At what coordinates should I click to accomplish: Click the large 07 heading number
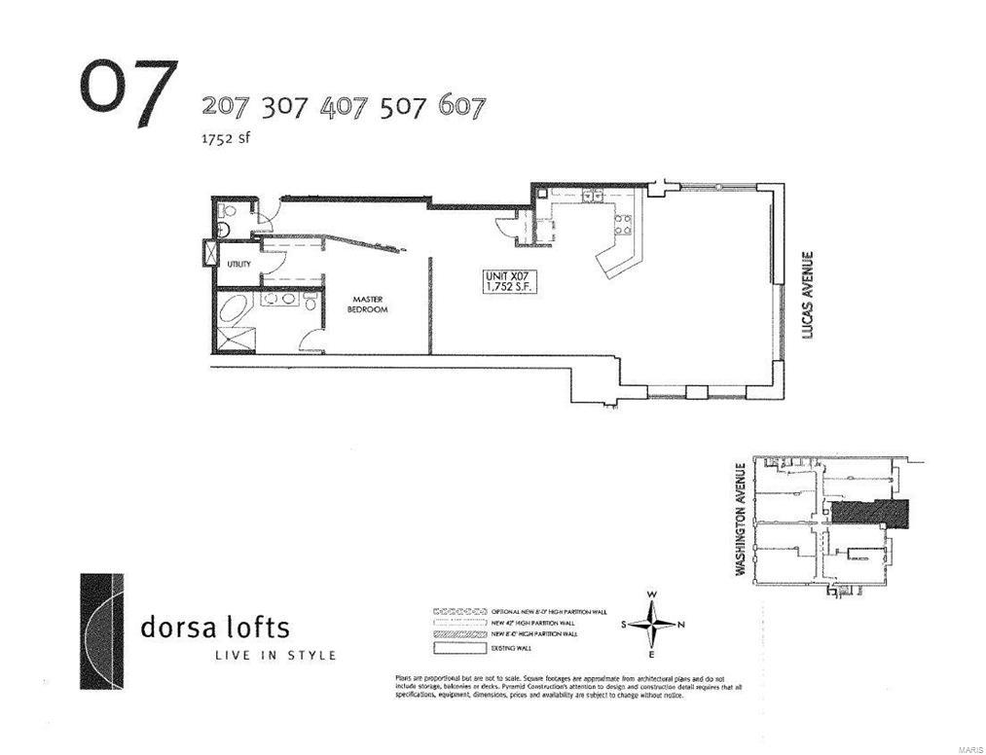pos(128,93)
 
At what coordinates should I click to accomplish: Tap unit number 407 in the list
pos(344,107)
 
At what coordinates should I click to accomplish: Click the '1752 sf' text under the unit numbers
pos(225,138)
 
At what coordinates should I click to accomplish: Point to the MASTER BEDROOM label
pos(370,305)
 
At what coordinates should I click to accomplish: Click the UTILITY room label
pos(239,264)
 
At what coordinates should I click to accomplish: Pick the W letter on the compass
pos(652,595)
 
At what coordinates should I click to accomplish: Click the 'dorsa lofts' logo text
pos(215,627)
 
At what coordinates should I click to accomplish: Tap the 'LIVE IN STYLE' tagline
pos(275,655)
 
